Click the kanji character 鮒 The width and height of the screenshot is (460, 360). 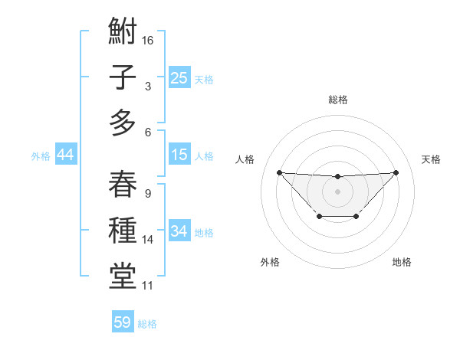pyautogui.click(x=123, y=33)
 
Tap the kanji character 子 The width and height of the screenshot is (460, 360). pyautogui.click(x=123, y=77)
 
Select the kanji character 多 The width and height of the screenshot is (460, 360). pyautogui.click(x=123, y=123)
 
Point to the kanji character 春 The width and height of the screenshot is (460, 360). pyautogui.click(x=123, y=184)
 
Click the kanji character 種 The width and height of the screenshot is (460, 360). pyautogui.click(x=123, y=231)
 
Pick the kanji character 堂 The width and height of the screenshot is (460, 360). pyautogui.click(x=123, y=276)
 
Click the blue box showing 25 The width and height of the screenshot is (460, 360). pyautogui.click(x=179, y=77)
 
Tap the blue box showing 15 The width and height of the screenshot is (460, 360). pyautogui.click(x=179, y=155)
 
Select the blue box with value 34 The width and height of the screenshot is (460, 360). pyautogui.click(x=179, y=231)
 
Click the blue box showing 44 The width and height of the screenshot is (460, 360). pyautogui.click(x=66, y=155)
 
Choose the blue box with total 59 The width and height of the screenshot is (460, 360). pyautogui.click(x=123, y=322)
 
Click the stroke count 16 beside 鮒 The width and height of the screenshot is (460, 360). pyautogui.click(x=149, y=39)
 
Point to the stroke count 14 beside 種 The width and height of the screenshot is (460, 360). pyautogui.click(x=149, y=240)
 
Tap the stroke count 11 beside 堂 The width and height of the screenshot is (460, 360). pyautogui.click(x=148, y=286)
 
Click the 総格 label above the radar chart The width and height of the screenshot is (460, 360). pyautogui.click(x=338, y=100)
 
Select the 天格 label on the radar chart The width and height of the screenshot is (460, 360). pyautogui.click(x=432, y=159)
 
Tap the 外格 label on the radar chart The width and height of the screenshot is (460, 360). pyautogui.click(x=270, y=262)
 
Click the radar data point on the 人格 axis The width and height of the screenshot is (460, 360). pyautogui.click(x=279, y=172)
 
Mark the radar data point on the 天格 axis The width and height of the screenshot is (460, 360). pyautogui.click(x=396, y=172)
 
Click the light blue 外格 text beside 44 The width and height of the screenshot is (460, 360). pyautogui.click(x=41, y=156)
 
